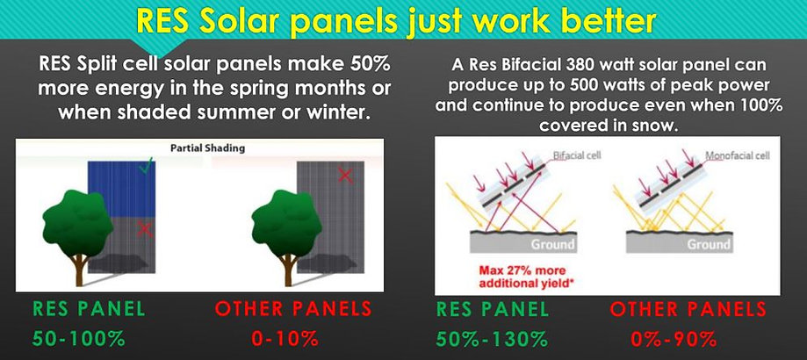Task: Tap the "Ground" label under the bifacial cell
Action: (552, 244)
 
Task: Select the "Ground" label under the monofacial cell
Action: (709, 244)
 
